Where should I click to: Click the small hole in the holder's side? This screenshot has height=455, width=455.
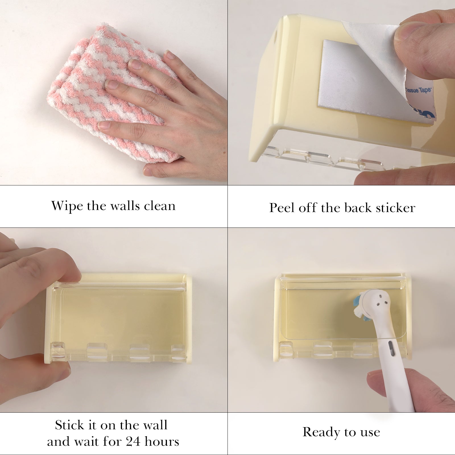(x=276, y=36)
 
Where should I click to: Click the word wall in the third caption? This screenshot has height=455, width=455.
(x=155, y=425)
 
